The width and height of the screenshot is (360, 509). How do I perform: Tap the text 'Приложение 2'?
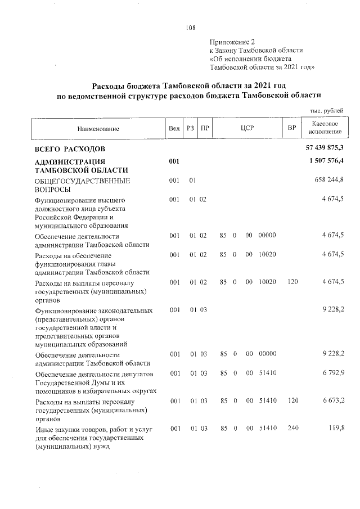pyautogui.click(x=232, y=42)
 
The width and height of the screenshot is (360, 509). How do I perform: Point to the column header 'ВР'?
pyautogui.click(x=291, y=128)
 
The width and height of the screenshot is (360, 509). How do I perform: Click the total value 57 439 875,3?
pyautogui.click(x=324, y=147)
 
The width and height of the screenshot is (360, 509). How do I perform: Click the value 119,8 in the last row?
pyautogui.click(x=335, y=429)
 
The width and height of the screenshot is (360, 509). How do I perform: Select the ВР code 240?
pyautogui.click(x=292, y=429)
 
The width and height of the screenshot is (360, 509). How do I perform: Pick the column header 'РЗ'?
pyautogui.click(x=191, y=128)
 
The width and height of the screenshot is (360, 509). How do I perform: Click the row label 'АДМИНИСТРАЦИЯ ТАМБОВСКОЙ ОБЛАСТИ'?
pyautogui.click(x=81, y=166)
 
